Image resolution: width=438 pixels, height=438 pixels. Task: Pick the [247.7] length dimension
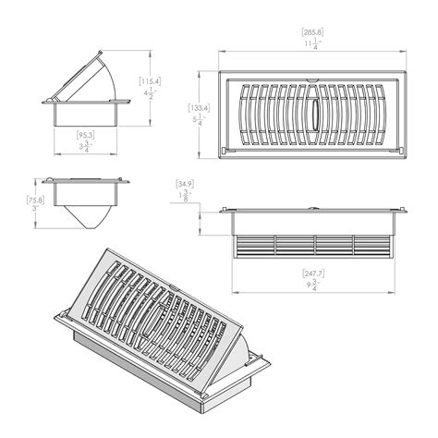(x=314, y=274)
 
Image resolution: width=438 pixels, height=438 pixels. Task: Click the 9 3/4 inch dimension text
(x=314, y=286)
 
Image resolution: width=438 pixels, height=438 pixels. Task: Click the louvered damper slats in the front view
(x=314, y=244)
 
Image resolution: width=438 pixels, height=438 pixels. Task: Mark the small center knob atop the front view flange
(x=315, y=207)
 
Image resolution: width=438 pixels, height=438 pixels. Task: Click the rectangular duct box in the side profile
(x=84, y=113)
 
